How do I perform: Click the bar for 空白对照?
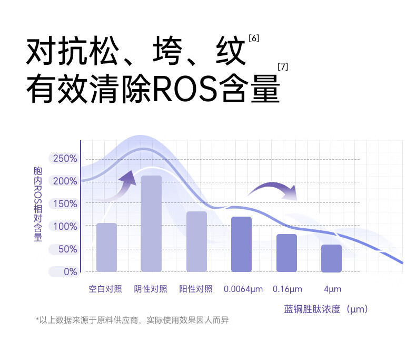tap(106, 247)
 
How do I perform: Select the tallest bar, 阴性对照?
tap(151, 223)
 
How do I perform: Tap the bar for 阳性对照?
tap(196, 241)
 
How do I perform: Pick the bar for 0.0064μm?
tap(241, 244)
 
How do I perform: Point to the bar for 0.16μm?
tap(286, 253)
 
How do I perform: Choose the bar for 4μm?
tap(331, 258)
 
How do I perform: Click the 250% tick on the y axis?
tap(65, 159)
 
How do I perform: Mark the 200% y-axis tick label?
tap(65, 181)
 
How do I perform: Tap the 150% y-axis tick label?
tap(65, 203)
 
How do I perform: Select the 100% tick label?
tap(65, 227)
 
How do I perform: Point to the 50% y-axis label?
tap(67, 249)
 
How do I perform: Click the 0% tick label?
tap(71, 272)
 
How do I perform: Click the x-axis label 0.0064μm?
tap(243, 289)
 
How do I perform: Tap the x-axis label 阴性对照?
tap(151, 289)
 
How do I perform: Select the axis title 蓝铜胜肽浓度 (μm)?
tap(326, 309)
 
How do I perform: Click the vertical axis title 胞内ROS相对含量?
tap(38, 204)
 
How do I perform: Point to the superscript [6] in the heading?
tap(254, 38)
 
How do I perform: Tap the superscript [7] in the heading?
tap(283, 66)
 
